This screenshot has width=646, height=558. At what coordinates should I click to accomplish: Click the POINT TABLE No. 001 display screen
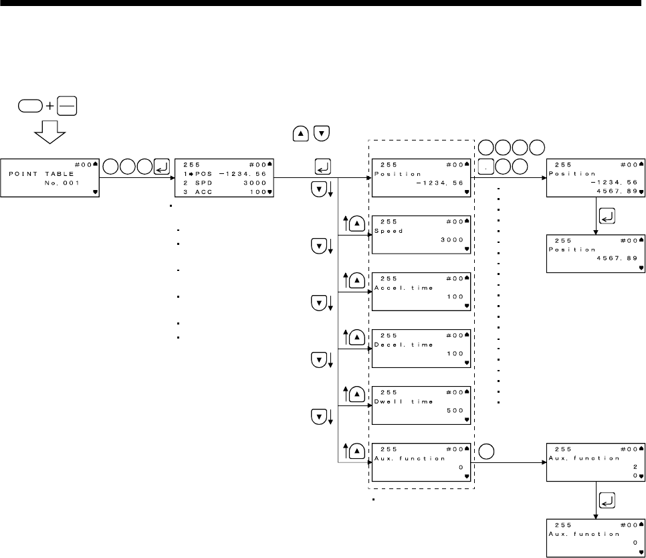pyautogui.click(x=51, y=177)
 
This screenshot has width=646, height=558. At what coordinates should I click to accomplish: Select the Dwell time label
pyautogui.click(x=402, y=401)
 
